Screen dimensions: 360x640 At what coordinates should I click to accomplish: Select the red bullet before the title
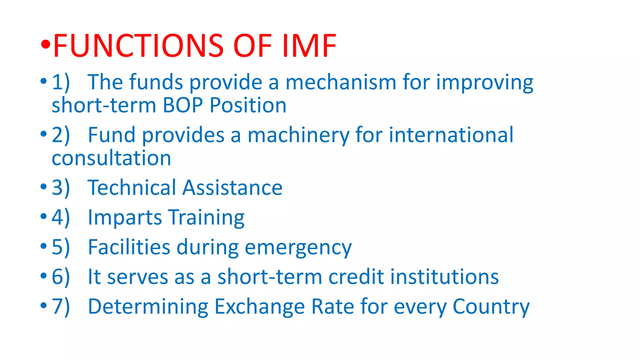pos(45,45)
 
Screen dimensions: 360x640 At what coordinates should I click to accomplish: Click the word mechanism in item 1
pos(341,82)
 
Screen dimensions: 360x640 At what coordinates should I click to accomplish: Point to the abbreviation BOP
pos(183,105)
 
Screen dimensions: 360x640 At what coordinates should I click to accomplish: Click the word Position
pos(248,105)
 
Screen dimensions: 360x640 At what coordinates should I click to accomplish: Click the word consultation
pos(111,158)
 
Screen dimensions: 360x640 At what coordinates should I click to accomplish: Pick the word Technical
pos(132,188)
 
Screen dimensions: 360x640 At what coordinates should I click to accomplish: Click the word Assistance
pos(232,188)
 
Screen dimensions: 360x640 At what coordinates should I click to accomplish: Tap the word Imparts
pos(125,217)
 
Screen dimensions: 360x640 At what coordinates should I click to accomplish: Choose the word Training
pos(206,217)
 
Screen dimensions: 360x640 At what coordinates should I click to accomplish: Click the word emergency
pos(298,247)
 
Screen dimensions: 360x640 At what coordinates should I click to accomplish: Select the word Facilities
pos(129,247)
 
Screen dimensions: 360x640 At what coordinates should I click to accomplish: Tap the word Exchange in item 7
pos(259,307)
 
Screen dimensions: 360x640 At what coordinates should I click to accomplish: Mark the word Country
pos(491,307)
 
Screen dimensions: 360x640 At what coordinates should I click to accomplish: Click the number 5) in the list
pos(61,247)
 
